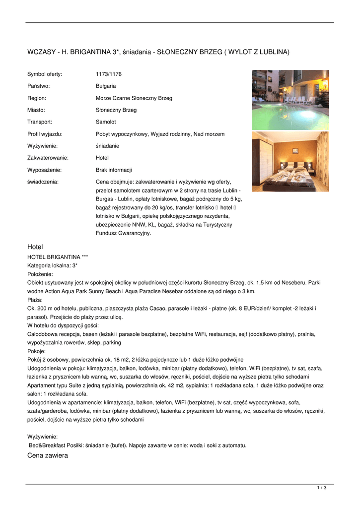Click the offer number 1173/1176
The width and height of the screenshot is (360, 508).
(108, 74)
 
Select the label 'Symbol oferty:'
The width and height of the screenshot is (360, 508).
(45, 74)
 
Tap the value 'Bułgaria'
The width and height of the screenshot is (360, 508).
(106, 86)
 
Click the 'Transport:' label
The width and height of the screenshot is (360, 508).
(40, 122)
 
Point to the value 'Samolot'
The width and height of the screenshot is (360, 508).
(106, 122)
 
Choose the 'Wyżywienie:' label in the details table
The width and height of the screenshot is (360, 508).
(42, 146)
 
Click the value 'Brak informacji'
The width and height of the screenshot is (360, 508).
(114, 170)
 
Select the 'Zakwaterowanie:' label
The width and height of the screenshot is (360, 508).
(48, 158)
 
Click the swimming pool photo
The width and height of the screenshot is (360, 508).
(290, 100)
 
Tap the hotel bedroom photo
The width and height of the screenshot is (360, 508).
(290, 161)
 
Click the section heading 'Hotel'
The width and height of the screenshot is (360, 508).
(35, 247)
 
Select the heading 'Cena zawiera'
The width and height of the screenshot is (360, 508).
(48, 455)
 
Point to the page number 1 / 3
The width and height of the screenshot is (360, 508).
(322, 488)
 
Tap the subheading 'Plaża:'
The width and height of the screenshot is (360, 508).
(35, 300)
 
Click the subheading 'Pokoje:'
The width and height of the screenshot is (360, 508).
(36, 351)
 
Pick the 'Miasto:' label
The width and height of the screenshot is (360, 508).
(36, 110)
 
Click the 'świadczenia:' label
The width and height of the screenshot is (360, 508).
(43, 182)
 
